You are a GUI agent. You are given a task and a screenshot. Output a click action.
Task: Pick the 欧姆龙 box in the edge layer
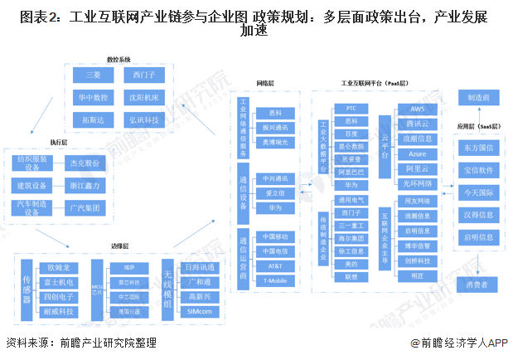click(x=61, y=267)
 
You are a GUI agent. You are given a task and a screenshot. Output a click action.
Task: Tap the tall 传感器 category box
click(x=27, y=288)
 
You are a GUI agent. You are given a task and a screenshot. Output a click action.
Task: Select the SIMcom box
click(x=200, y=312)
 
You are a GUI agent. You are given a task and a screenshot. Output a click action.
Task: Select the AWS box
click(x=417, y=109)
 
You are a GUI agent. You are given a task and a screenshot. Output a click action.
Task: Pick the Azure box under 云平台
click(x=417, y=154)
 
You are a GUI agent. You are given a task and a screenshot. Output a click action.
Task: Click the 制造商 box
click(x=478, y=98)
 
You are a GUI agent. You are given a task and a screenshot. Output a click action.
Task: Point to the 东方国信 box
click(x=478, y=148)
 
